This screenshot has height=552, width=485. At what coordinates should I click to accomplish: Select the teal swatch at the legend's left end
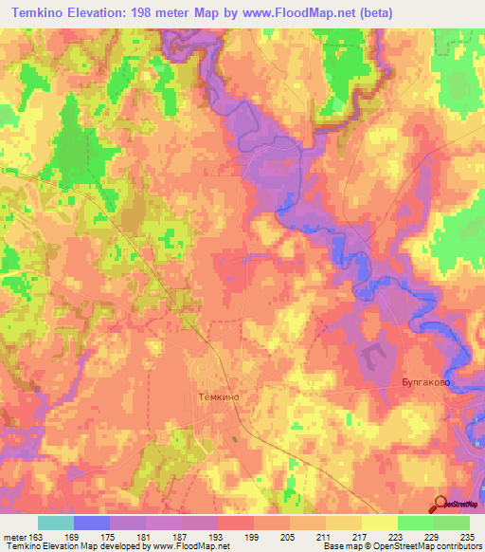click(x=56, y=523)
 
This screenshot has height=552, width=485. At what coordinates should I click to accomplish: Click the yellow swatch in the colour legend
click(x=380, y=523)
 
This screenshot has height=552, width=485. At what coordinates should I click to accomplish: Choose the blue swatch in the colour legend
click(x=92, y=523)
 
